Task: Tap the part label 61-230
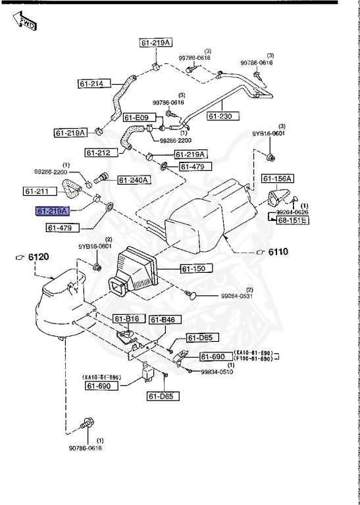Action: coord(222,116)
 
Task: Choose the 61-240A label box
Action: coord(134,180)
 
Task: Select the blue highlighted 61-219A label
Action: coord(52,211)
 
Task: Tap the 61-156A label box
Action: coord(277,178)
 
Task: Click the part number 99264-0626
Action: coord(292,212)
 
